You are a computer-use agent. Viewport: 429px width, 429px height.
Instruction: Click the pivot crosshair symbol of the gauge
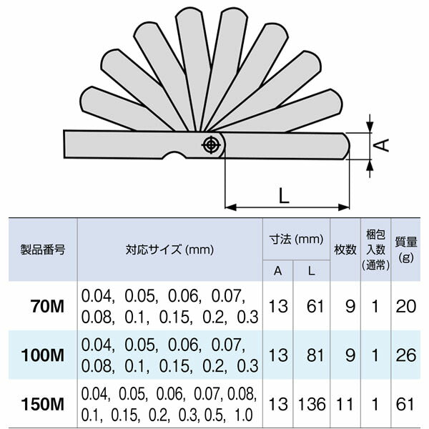(x=211, y=144)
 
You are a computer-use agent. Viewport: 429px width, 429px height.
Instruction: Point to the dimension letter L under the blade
(x=284, y=194)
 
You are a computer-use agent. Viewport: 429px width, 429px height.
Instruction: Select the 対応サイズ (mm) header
(x=170, y=250)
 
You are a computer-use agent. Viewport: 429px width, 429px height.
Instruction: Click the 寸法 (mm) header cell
(x=296, y=238)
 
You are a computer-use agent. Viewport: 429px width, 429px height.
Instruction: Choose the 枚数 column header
(x=345, y=250)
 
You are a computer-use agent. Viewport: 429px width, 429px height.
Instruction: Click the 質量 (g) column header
(x=407, y=250)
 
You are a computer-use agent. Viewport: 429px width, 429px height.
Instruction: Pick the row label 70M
(x=49, y=307)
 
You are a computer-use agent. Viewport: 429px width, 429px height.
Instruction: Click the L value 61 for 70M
(x=312, y=307)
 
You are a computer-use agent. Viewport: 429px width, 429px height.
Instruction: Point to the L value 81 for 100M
(x=312, y=355)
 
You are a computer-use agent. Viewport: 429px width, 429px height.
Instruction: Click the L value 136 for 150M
(x=312, y=404)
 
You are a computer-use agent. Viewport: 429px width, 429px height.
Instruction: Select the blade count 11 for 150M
(x=345, y=404)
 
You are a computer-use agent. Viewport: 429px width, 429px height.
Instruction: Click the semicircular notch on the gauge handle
(x=173, y=156)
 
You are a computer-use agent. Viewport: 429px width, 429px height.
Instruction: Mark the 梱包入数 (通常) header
(x=375, y=250)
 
